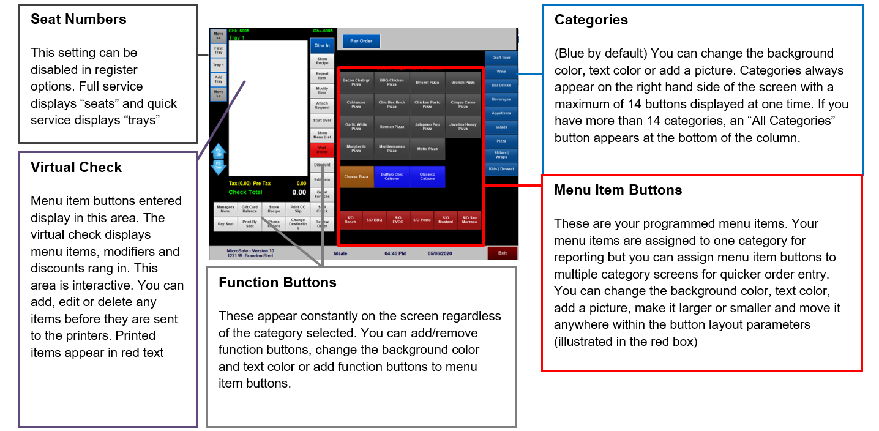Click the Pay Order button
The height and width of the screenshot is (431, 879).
[x=361, y=42]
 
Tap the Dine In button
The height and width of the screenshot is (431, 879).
[x=322, y=45]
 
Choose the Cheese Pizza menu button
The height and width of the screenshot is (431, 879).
[x=356, y=176]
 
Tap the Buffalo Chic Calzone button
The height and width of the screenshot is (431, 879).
[x=392, y=176]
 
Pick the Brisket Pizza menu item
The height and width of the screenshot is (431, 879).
[x=427, y=82]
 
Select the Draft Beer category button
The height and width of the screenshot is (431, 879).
[x=501, y=58]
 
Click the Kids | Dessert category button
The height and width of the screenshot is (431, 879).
[x=501, y=168]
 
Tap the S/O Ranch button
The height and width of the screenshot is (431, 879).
[x=350, y=220]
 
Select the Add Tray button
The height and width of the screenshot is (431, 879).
[x=218, y=80]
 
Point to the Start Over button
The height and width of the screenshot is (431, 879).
[x=322, y=121]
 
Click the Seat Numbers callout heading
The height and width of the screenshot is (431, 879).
[x=78, y=20]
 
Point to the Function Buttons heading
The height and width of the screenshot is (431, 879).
[x=277, y=282]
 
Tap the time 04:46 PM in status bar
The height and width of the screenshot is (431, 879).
[x=395, y=253]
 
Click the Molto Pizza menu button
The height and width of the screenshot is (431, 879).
[x=427, y=149]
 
